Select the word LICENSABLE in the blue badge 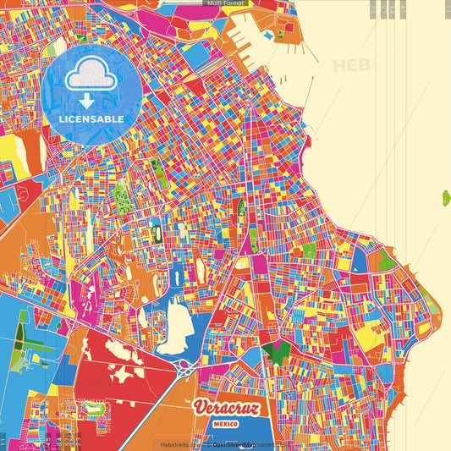[x=91, y=119]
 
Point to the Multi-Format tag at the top [x=224, y=3]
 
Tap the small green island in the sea [x=445, y=199]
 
